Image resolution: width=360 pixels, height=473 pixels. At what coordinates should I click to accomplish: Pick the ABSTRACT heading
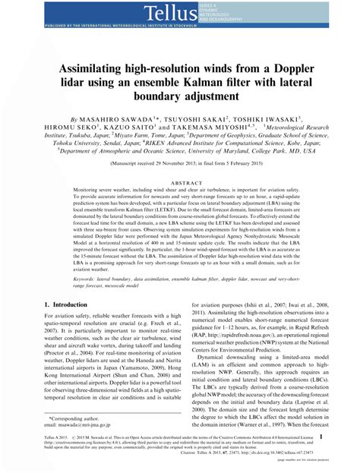tap(181, 183)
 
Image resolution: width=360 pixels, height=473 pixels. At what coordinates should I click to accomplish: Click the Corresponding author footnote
tap(81, 418)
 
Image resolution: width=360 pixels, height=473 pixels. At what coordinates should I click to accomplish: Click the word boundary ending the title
tap(180, 98)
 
